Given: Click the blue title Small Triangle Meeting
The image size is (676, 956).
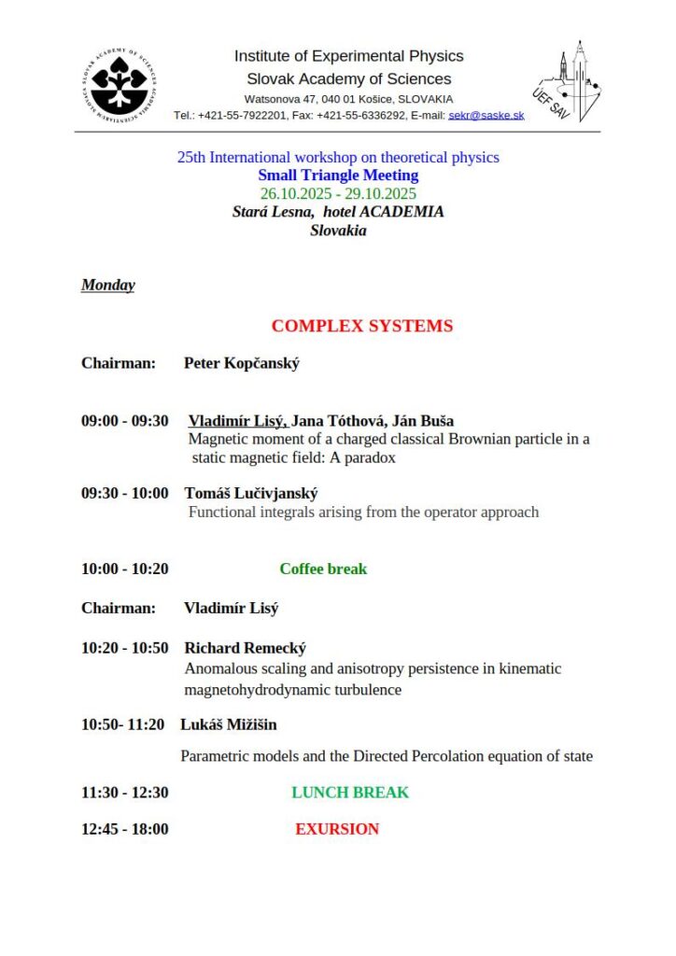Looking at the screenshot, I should click(x=338, y=175).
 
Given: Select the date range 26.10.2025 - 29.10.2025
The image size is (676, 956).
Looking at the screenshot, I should click(x=338, y=193).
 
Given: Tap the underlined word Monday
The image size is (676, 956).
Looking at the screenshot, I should click(x=107, y=285).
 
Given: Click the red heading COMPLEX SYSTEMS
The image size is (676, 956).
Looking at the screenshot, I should click(x=362, y=326).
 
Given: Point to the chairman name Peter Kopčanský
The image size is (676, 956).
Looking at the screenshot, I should click(x=242, y=363).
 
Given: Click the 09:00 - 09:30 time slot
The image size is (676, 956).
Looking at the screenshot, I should click(x=125, y=421).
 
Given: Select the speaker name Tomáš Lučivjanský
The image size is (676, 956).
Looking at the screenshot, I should click(x=250, y=493).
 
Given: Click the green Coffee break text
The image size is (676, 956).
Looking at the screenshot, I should click(x=323, y=569).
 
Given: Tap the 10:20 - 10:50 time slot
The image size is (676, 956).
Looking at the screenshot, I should click(x=125, y=648).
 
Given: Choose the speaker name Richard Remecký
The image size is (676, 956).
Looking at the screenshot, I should click(x=245, y=648).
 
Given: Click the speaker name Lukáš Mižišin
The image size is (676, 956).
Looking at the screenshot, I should click(x=229, y=724).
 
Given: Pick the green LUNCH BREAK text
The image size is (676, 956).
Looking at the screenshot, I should click(x=350, y=792).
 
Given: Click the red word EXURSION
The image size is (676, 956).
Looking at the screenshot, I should click(x=337, y=829).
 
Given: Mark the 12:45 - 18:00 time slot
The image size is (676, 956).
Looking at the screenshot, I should click(x=125, y=829).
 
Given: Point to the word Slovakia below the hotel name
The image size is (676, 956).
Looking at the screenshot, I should click(x=338, y=231).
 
